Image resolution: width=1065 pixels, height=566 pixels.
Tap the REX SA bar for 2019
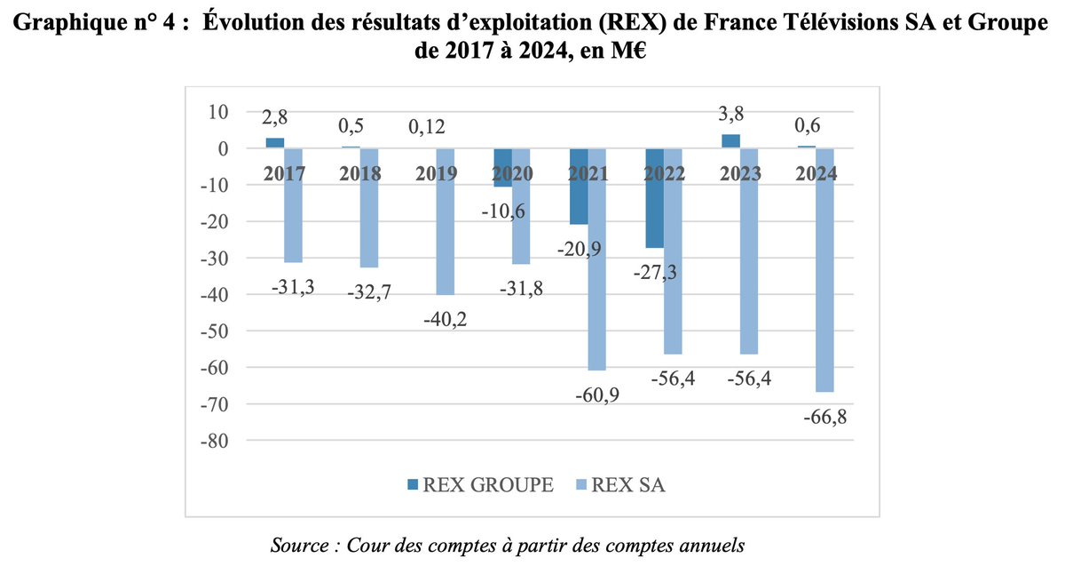446,221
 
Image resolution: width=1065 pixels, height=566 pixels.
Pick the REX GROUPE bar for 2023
730,141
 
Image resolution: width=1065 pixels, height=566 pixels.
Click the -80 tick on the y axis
217,441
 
